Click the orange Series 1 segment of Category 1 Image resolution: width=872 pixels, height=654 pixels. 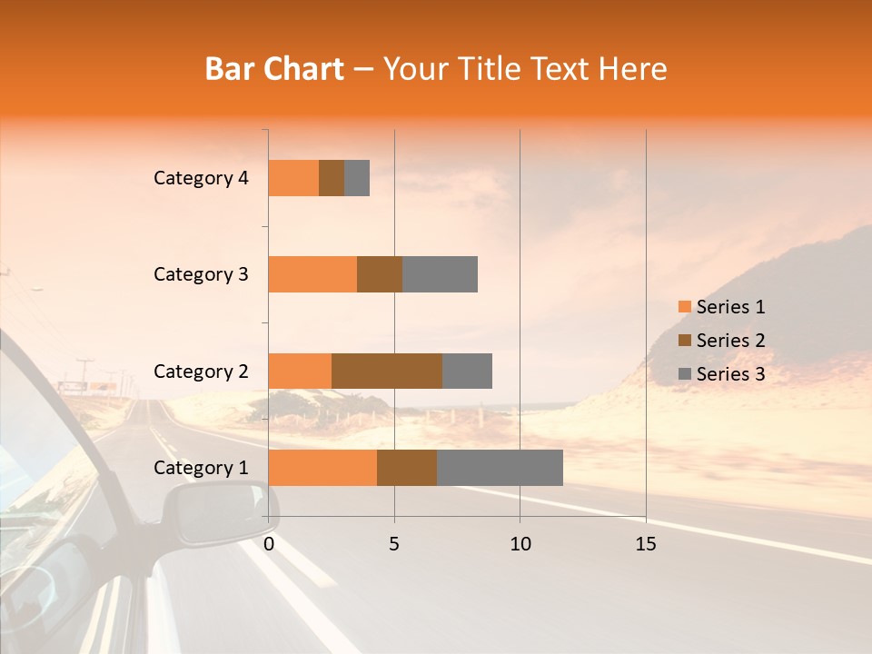[x=322, y=467]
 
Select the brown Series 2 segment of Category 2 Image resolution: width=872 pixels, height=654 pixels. [x=387, y=371]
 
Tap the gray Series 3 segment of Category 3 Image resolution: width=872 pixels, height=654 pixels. [x=440, y=274]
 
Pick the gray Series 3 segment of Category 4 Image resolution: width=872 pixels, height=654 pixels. [x=357, y=178]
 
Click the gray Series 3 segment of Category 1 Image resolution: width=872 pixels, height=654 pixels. [x=500, y=467]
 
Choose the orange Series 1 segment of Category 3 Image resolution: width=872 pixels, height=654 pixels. [x=312, y=274]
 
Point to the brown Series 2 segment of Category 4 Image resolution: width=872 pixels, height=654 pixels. [x=332, y=178]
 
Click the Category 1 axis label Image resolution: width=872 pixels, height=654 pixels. [x=201, y=468]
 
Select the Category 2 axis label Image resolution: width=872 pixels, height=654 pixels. [x=201, y=372]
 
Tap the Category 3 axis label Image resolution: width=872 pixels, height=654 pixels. [x=201, y=274]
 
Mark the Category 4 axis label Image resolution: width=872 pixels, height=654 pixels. [x=201, y=178]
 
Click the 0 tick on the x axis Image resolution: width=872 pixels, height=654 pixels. [x=269, y=544]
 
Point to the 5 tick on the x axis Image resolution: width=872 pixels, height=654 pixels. [x=394, y=544]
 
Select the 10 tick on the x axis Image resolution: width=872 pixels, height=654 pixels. [x=520, y=544]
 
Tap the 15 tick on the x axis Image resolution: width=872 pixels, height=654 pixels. [x=646, y=544]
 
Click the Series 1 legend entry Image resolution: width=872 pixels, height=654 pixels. [x=721, y=307]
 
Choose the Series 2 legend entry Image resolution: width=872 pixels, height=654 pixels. [x=721, y=341]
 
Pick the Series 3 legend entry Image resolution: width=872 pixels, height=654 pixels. [x=721, y=374]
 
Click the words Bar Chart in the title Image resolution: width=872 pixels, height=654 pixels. [x=273, y=69]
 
